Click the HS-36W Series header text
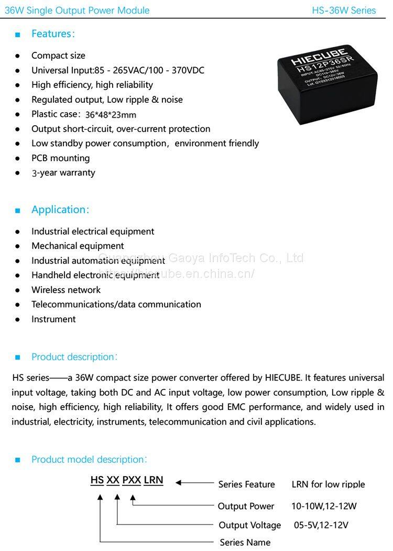click(344, 10)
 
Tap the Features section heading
click(53, 34)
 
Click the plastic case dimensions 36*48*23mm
click(111, 115)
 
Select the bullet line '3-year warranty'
click(63, 173)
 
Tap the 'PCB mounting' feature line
click(60, 158)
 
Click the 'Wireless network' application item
click(66, 290)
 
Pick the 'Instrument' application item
click(53, 319)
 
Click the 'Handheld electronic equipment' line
click(95, 275)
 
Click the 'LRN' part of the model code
click(154, 480)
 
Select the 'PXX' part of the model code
click(132, 480)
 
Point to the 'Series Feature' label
click(246, 484)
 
